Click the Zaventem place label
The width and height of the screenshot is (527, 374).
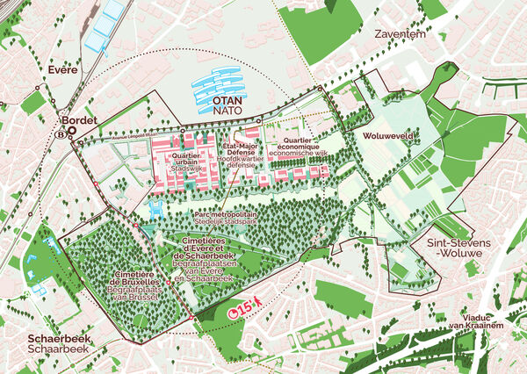[x=399, y=35]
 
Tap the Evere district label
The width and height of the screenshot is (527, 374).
[x=63, y=69]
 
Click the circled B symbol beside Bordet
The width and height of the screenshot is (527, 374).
[x=60, y=135]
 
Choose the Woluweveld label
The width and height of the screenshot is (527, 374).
[x=386, y=138]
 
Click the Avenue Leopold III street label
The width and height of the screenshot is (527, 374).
[x=108, y=137]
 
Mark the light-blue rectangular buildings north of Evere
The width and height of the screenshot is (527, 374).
[x=106, y=30]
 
